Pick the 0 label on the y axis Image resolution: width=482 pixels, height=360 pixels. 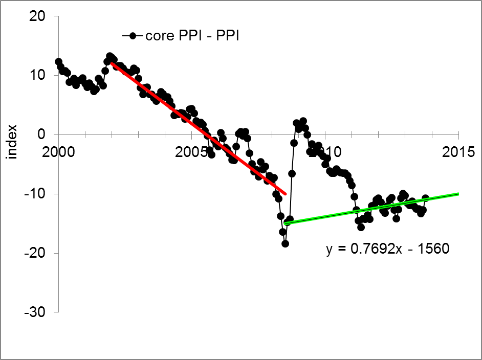point(42,134)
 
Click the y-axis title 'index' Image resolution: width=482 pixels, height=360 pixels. point(13,142)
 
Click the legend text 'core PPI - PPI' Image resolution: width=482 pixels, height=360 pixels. point(193,36)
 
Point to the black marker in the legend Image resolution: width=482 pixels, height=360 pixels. point(133,36)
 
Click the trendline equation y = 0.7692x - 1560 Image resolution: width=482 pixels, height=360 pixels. point(387,249)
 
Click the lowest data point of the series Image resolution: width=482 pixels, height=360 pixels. point(285,243)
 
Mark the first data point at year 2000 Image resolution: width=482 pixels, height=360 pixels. point(58,62)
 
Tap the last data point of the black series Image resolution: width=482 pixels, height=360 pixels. point(425,198)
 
